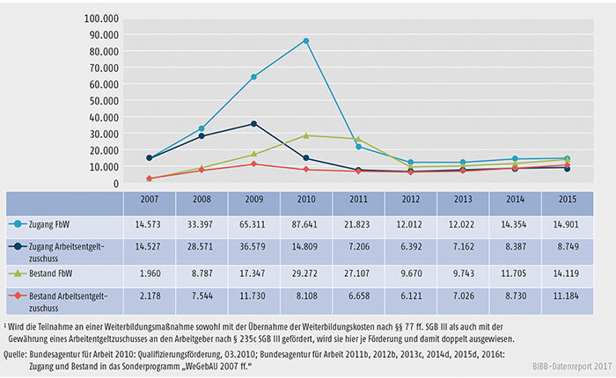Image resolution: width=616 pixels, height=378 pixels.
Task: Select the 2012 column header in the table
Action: click(410, 201)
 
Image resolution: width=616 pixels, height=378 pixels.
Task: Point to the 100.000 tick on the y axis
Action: click(102, 17)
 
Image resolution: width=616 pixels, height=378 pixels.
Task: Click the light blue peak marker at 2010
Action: click(306, 40)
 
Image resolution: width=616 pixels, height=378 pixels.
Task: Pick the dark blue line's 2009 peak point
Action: click(254, 124)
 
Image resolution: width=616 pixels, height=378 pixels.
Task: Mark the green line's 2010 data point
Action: click(306, 135)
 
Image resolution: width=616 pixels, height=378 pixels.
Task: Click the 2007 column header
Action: click(150, 201)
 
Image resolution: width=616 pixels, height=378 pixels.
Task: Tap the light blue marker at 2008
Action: click(202, 128)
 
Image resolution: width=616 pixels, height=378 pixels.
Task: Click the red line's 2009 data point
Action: click(254, 164)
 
